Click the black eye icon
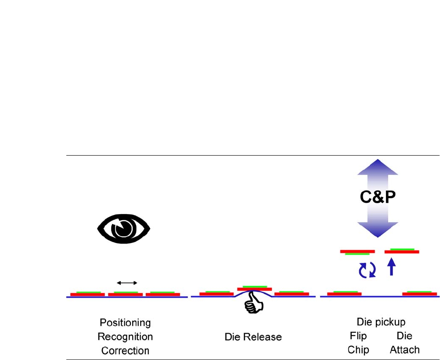click(124, 228)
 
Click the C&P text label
click(378, 198)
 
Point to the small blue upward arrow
click(391, 267)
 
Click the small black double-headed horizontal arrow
click(127, 283)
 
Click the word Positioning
click(125, 323)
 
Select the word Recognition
click(125, 337)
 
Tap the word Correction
click(125, 351)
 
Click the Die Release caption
click(253, 337)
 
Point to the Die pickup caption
click(381, 322)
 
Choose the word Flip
click(358, 336)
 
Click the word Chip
click(358, 350)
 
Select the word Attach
click(404, 350)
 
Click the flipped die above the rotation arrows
click(357, 252)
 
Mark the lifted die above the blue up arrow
click(402, 251)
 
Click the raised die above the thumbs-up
click(255, 288)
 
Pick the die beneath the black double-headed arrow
click(126, 294)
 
